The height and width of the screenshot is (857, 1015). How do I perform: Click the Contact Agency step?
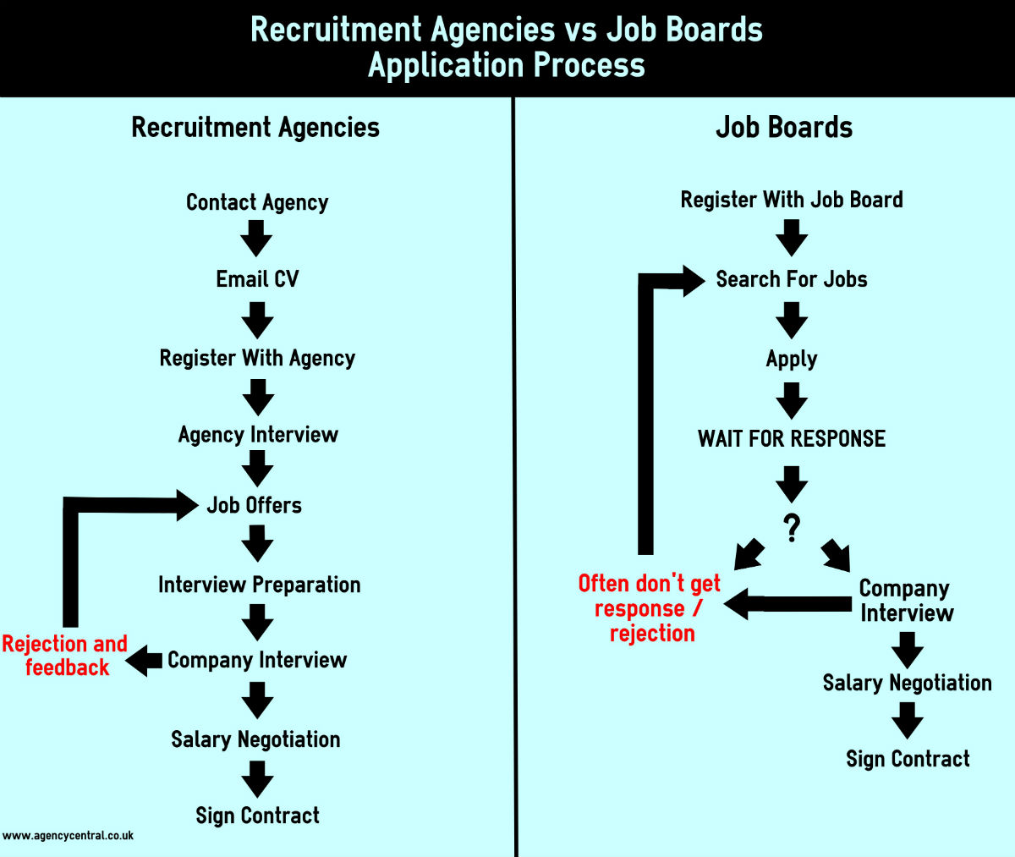click(257, 202)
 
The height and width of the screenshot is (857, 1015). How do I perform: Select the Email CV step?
click(257, 279)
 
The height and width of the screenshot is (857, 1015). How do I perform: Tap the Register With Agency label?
click(257, 359)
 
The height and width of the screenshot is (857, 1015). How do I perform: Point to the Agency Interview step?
click(258, 435)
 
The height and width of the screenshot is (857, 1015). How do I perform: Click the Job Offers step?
click(255, 505)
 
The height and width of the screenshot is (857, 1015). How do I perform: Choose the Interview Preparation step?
click(260, 585)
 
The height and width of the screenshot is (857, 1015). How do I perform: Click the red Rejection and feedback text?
click(65, 656)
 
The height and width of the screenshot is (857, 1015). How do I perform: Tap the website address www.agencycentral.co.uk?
click(68, 836)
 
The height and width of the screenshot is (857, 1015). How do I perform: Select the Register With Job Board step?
click(792, 200)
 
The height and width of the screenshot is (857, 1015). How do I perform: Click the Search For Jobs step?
click(792, 279)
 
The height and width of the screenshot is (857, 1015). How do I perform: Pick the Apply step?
click(792, 360)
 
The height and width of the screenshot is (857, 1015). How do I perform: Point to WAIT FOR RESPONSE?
click(792, 439)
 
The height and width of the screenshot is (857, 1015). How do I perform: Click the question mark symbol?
click(792, 528)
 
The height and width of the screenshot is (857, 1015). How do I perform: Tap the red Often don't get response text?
click(650, 608)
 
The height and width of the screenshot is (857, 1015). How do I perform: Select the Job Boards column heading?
click(784, 128)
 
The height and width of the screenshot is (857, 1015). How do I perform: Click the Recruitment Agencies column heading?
click(255, 128)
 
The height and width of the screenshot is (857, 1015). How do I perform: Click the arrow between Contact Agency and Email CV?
click(256, 239)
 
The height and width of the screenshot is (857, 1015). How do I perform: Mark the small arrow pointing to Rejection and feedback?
click(144, 661)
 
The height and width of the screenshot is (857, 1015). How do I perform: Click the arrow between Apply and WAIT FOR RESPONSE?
click(792, 401)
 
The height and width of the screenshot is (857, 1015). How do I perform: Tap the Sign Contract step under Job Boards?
click(908, 759)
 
